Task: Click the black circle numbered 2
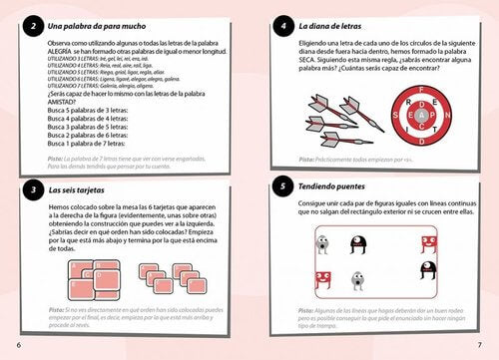pyautogui.click(x=34, y=25)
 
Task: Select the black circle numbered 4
pyautogui.click(x=283, y=25)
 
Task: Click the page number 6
pyautogui.click(x=18, y=345)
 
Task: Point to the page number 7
pyautogui.click(x=480, y=345)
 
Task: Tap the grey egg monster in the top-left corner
pyautogui.click(x=322, y=242)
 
